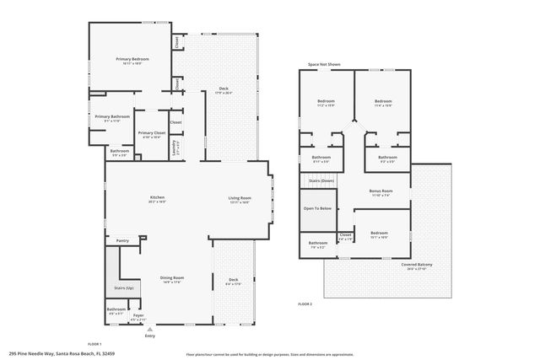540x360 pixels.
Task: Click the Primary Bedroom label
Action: click(x=132, y=59)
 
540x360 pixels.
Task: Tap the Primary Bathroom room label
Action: click(x=112, y=116)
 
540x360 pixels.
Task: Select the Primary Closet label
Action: click(x=152, y=132)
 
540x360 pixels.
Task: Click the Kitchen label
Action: click(x=157, y=198)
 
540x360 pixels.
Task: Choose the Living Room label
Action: click(x=240, y=198)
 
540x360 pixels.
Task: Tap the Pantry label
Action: click(x=122, y=240)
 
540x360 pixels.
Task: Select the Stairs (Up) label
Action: click(x=123, y=288)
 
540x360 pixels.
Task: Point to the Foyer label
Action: click(x=138, y=316)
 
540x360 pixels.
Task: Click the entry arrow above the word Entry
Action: click(x=149, y=329)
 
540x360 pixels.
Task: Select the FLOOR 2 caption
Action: click(x=305, y=303)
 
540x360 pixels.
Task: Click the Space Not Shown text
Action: click(x=325, y=64)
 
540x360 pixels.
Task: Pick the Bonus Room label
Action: click(x=381, y=191)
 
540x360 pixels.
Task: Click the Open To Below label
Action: click(x=318, y=207)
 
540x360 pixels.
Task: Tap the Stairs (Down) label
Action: click(x=321, y=180)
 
